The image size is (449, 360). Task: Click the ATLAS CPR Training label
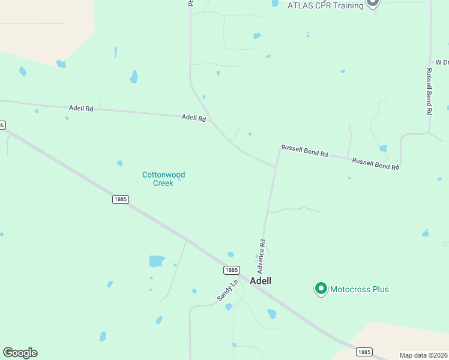coord(325,5)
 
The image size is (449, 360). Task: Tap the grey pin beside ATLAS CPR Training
coord(373,3)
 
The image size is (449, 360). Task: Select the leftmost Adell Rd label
coord(81,109)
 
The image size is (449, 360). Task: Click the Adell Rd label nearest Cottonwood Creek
coord(194,119)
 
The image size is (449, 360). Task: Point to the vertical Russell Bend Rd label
coord(429,91)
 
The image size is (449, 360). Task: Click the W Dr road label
coord(442,62)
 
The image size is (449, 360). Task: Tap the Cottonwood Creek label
coord(163,179)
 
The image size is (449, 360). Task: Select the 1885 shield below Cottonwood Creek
coord(120,199)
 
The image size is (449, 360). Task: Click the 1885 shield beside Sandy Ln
coord(232,270)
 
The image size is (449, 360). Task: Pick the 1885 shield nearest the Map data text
coord(364,352)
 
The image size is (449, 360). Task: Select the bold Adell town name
coord(261,281)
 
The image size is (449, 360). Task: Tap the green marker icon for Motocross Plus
coord(321,289)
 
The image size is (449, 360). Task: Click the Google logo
coord(20,353)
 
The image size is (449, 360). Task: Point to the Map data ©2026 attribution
coord(424,355)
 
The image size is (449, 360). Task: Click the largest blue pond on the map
coord(157,261)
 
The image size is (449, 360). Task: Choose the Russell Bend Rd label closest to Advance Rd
coord(305,151)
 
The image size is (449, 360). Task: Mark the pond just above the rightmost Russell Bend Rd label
coord(383,148)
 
